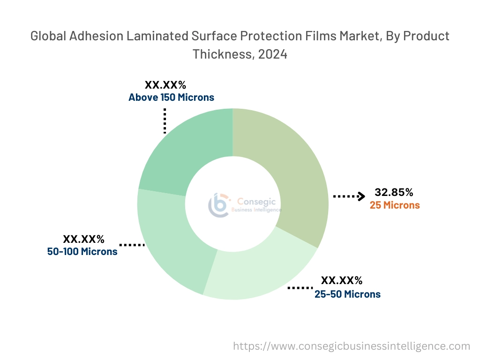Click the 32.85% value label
pyautogui.click(x=394, y=192)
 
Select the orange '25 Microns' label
pyautogui.click(x=395, y=205)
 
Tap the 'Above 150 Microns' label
pyautogui.click(x=171, y=97)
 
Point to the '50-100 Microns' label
pyautogui.click(x=82, y=251)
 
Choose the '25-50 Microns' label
pyautogui.click(x=347, y=294)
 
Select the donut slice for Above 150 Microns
pyautogui.click(x=187, y=150)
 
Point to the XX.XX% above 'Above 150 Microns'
pyautogui.click(x=165, y=85)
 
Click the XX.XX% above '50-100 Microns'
pyautogui.click(x=83, y=239)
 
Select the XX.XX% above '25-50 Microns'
pyautogui.click(x=342, y=281)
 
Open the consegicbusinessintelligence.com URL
pyautogui.click(x=352, y=346)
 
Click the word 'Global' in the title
pyautogui.click(x=48, y=36)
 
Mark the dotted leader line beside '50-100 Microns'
pyautogui.click(x=132, y=245)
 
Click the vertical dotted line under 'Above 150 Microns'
pyautogui.click(x=165, y=121)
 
